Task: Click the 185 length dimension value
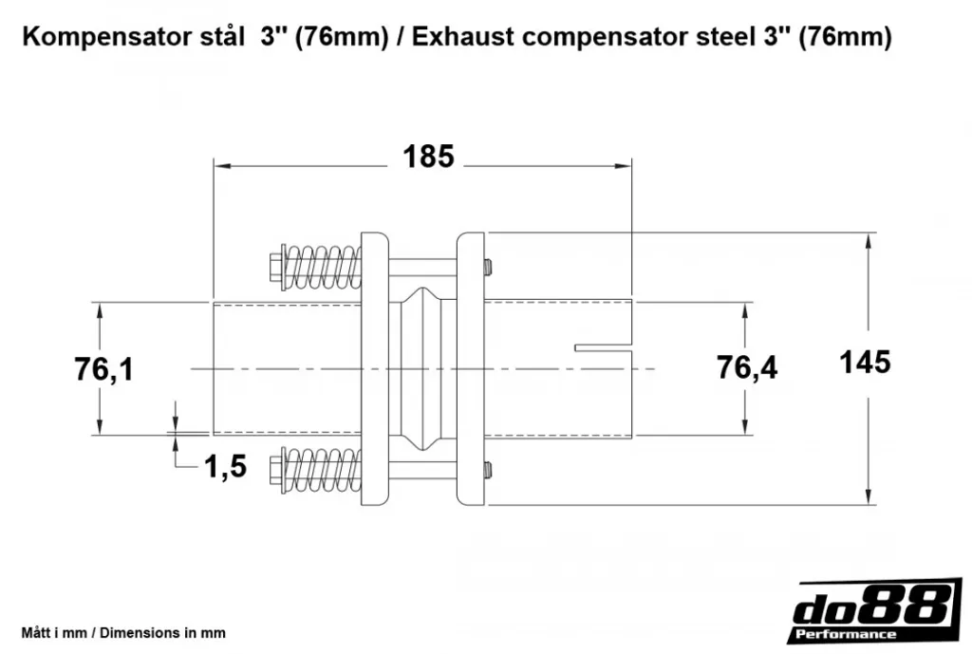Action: (428, 157)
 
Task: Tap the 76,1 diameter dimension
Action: (103, 369)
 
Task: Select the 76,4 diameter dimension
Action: (747, 367)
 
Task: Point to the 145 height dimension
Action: (865, 362)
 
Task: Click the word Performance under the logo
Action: (844, 634)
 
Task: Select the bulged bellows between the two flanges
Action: (423, 367)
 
